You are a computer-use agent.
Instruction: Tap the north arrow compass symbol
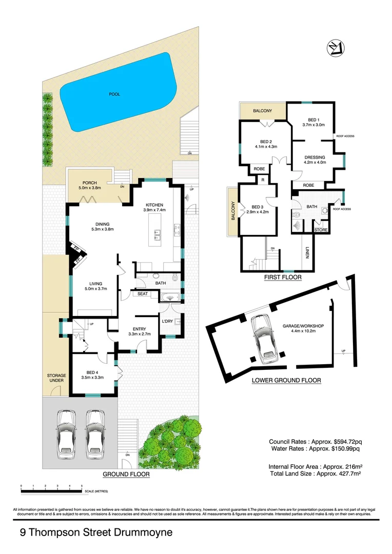click(x=335, y=48)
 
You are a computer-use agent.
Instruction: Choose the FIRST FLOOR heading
click(x=283, y=277)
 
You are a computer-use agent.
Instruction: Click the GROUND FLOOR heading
click(x=126, y=474)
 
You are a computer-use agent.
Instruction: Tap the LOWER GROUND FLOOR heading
click(x=286, y=380)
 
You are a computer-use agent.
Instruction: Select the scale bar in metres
click(x=51, y=491)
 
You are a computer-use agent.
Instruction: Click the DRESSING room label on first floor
click(x=315, y=157)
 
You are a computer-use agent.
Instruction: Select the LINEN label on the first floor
click(x=307, y=252)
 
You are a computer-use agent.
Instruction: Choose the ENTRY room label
click(x=139, y=329)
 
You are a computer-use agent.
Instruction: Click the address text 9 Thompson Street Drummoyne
click(x=96, y=533)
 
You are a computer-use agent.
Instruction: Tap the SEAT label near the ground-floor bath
click(x=142, y=294)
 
